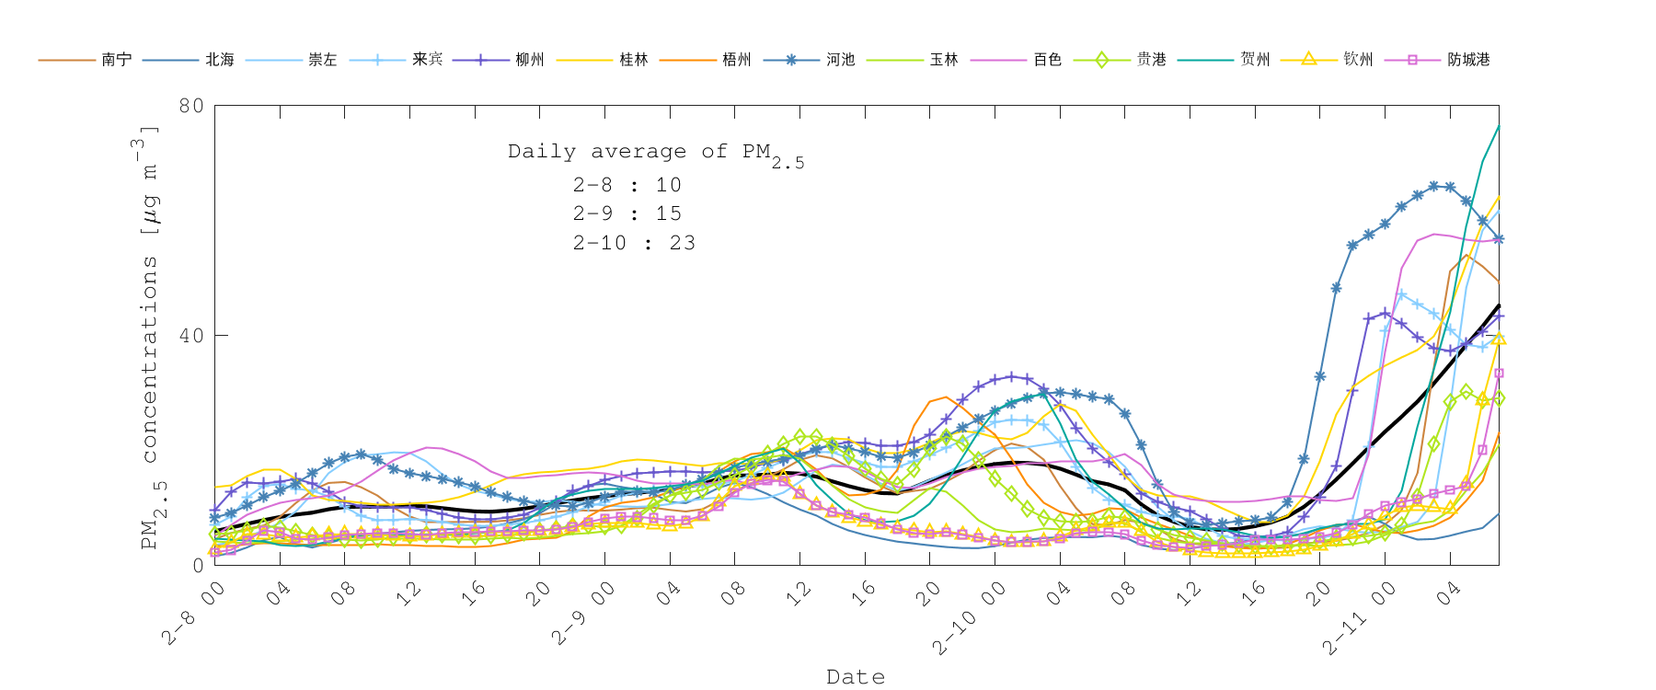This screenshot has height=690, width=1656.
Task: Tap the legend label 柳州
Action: click(530, 60)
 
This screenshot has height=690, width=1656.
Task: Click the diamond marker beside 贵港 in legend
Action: click(1101, 60)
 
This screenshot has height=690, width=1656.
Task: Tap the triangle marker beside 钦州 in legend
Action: click(1308, 60)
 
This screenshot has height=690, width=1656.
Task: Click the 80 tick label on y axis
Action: click(191, 106)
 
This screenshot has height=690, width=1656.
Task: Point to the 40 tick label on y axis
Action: click(191, 336)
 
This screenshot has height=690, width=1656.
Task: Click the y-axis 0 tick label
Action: click(198, 565)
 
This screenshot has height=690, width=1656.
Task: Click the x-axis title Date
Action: click(856, 677)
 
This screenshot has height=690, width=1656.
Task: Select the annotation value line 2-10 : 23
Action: click(634, 243)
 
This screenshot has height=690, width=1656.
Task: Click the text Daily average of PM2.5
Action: click(655, 153)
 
